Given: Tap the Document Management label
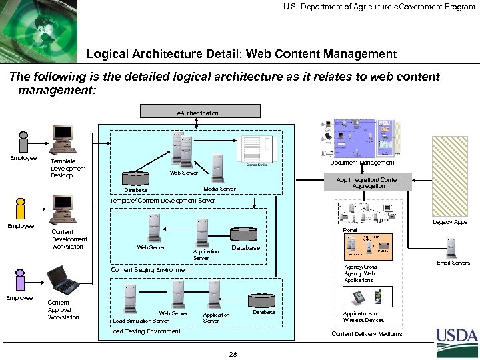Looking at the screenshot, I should pos(363,162).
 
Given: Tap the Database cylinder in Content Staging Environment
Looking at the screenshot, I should pos(247,235).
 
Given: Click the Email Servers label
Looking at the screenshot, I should pos(453,263).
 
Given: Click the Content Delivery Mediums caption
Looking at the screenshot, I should pos(367,333).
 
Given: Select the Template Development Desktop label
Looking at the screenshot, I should pos(64,168).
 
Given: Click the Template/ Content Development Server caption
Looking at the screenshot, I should pos(163,199).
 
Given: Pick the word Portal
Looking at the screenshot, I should pos(349,230).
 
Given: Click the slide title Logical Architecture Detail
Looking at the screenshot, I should pos(241,53).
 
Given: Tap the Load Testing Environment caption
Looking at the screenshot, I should pos(145,331).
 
